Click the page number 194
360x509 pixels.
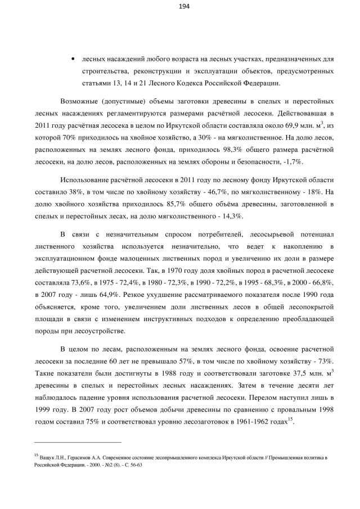tap(183, 7)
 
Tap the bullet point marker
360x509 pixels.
tap(73, 58)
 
